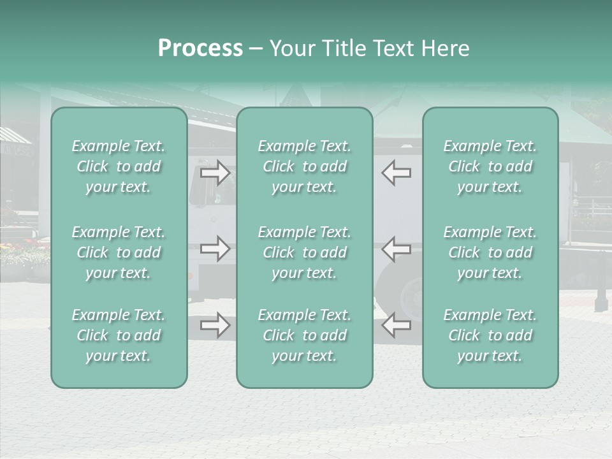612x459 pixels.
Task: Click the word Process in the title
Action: tap(200, 48)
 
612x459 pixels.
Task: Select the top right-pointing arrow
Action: tap(215, 173)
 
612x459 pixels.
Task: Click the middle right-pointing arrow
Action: tap(215, 249)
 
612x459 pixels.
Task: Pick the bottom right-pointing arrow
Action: tap(215, 325)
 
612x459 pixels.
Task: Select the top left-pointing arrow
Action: tap(396, 173)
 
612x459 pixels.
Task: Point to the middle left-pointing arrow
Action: tap(396, 249)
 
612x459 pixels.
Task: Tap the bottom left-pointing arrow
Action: tap(396, 325)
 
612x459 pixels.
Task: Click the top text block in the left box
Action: tap(119, 166)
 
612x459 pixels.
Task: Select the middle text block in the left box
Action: tap(119, 252)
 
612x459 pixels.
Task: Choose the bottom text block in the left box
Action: tap(119, 335)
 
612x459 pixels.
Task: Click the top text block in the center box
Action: tap(304, 166)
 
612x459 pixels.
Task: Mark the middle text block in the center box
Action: tap(304, 252)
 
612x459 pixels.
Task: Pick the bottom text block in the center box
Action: tap(304, 335)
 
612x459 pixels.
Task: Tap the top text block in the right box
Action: tap(490, 166)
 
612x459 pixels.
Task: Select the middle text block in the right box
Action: tap(490, 252)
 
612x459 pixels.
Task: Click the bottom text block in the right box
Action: tap(490, 335)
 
